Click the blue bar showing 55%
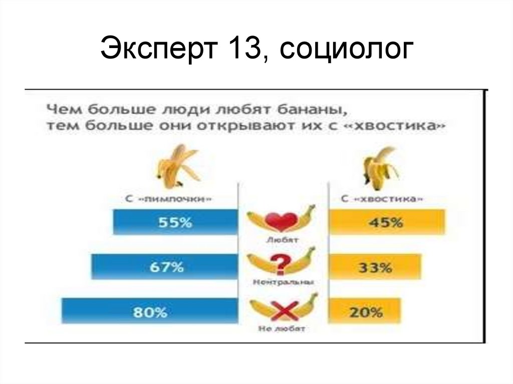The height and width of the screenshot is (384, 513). point(175,222)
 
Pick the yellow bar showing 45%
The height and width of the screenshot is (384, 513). point(387,222)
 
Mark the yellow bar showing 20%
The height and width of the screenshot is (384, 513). point(364,311)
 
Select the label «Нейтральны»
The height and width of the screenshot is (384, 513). point(283,282)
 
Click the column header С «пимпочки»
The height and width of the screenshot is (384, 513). point(168,199)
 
